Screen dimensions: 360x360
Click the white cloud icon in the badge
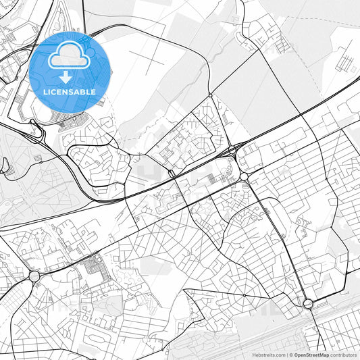(x=70, y=59)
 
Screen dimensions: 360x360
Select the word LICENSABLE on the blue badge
(x=70, y=92)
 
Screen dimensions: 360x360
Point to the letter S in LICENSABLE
(x=74, y=92)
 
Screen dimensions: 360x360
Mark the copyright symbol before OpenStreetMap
(x=290, y=354)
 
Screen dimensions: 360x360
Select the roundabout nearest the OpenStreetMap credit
(x=308, y=303)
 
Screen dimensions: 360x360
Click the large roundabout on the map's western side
(x=34, y=276)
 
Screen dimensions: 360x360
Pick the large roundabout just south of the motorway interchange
(x=244, y=177)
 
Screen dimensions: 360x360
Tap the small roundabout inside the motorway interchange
(x=231, y=149)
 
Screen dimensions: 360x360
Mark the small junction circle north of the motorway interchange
(x=210, y=95)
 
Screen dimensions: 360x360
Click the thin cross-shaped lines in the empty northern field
(x=145, y=57)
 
